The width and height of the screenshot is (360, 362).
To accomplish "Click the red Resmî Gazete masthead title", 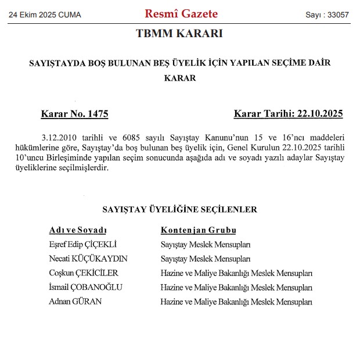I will [x=181, y=14].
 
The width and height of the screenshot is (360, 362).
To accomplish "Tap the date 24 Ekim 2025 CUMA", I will [x=45, y=15].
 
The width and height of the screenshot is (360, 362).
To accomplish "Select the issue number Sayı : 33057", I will [x=327, y=15].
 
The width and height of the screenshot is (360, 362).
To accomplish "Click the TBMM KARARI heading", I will [x=179, y=34].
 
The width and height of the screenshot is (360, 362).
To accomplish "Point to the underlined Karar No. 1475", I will [x=74, y=114].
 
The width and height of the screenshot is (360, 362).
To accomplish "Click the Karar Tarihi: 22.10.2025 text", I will [x=289, y=114].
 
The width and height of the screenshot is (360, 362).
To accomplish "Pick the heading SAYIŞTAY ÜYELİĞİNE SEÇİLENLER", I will [x=179, y=209].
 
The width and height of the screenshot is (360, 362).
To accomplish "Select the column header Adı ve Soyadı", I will [x=78, y=230].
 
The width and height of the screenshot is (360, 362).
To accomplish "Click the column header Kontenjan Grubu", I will [x=199, y=230].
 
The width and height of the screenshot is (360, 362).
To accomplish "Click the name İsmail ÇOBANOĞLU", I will [x=87, y=287].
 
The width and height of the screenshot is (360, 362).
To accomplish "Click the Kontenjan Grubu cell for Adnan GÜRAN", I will [x=237, y=302].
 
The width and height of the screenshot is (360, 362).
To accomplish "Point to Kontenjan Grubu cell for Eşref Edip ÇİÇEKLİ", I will [x=206, y=245].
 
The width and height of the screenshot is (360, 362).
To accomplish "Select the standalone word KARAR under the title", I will [x=180, y=78].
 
